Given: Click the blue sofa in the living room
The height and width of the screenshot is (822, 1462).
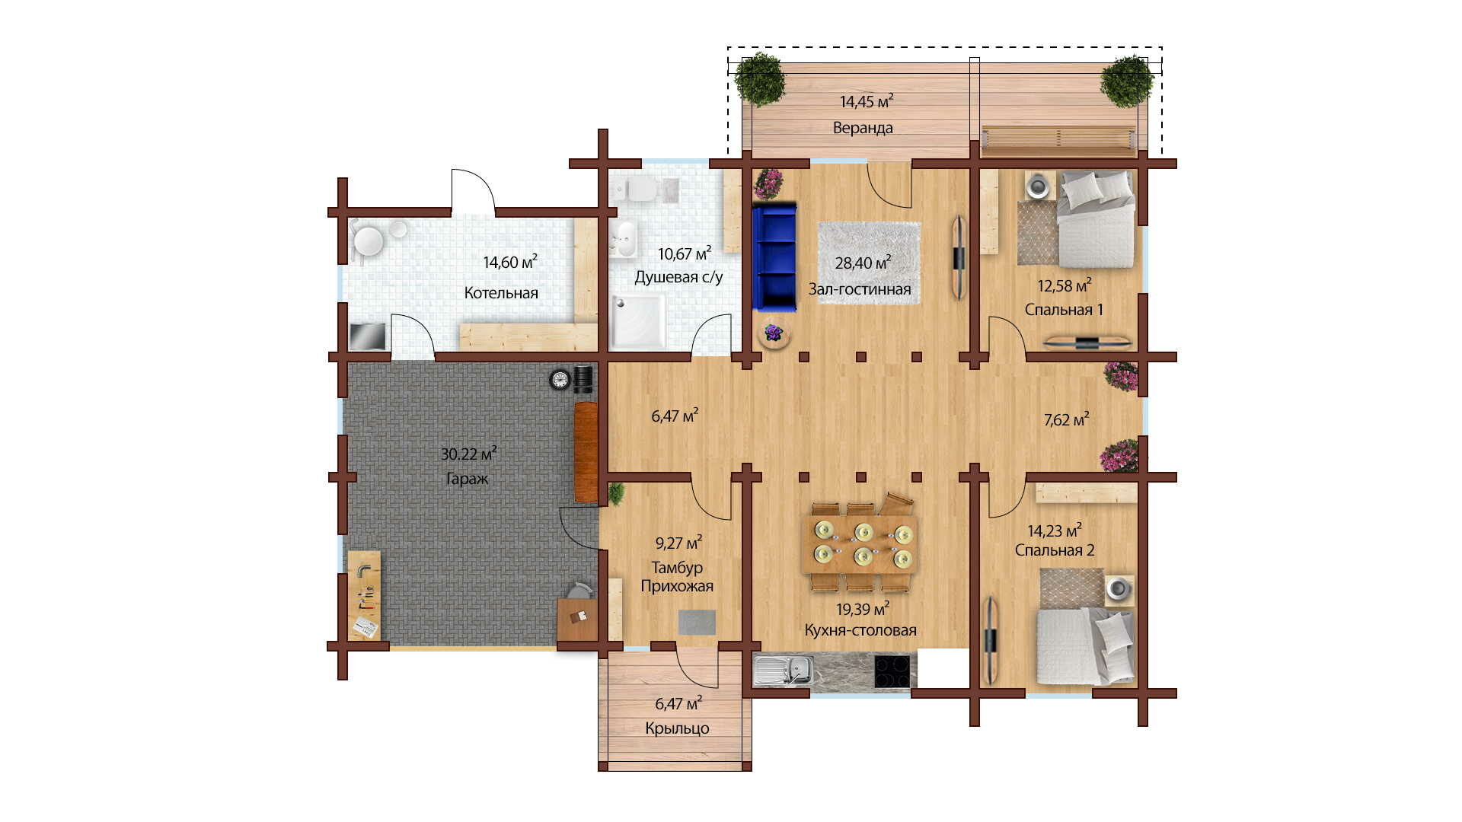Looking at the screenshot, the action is point(774,256).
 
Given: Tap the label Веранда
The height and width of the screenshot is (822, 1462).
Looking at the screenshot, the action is point(863,128).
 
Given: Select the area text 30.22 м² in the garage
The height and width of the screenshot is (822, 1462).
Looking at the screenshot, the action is point(469,454).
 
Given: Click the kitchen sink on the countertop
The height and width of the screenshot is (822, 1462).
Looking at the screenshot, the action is point(783,671).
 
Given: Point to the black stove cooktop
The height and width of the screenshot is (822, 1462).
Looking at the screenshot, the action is point(892,671).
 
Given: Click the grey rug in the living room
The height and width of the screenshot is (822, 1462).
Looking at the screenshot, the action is point(869,263).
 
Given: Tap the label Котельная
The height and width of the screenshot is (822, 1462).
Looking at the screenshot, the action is point(501,293).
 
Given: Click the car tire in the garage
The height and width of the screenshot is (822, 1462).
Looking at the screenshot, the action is point(560,379).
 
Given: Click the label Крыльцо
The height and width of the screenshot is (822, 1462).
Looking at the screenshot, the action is point(677,728).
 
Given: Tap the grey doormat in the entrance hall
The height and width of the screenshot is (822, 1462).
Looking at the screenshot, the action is point(697,622).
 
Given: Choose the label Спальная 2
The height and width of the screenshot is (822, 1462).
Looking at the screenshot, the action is point(1055,550).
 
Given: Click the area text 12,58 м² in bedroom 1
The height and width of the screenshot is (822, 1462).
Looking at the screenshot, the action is point(1065,286).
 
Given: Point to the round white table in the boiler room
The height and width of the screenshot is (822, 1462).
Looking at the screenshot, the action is point(369,241).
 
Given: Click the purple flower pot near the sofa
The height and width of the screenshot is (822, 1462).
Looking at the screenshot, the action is point(774,333).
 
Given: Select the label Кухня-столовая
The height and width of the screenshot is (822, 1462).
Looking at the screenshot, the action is point(860,630).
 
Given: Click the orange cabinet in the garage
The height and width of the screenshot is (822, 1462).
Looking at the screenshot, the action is point(586,452).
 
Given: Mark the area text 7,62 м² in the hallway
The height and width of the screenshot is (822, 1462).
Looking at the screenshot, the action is point(1066,420).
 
